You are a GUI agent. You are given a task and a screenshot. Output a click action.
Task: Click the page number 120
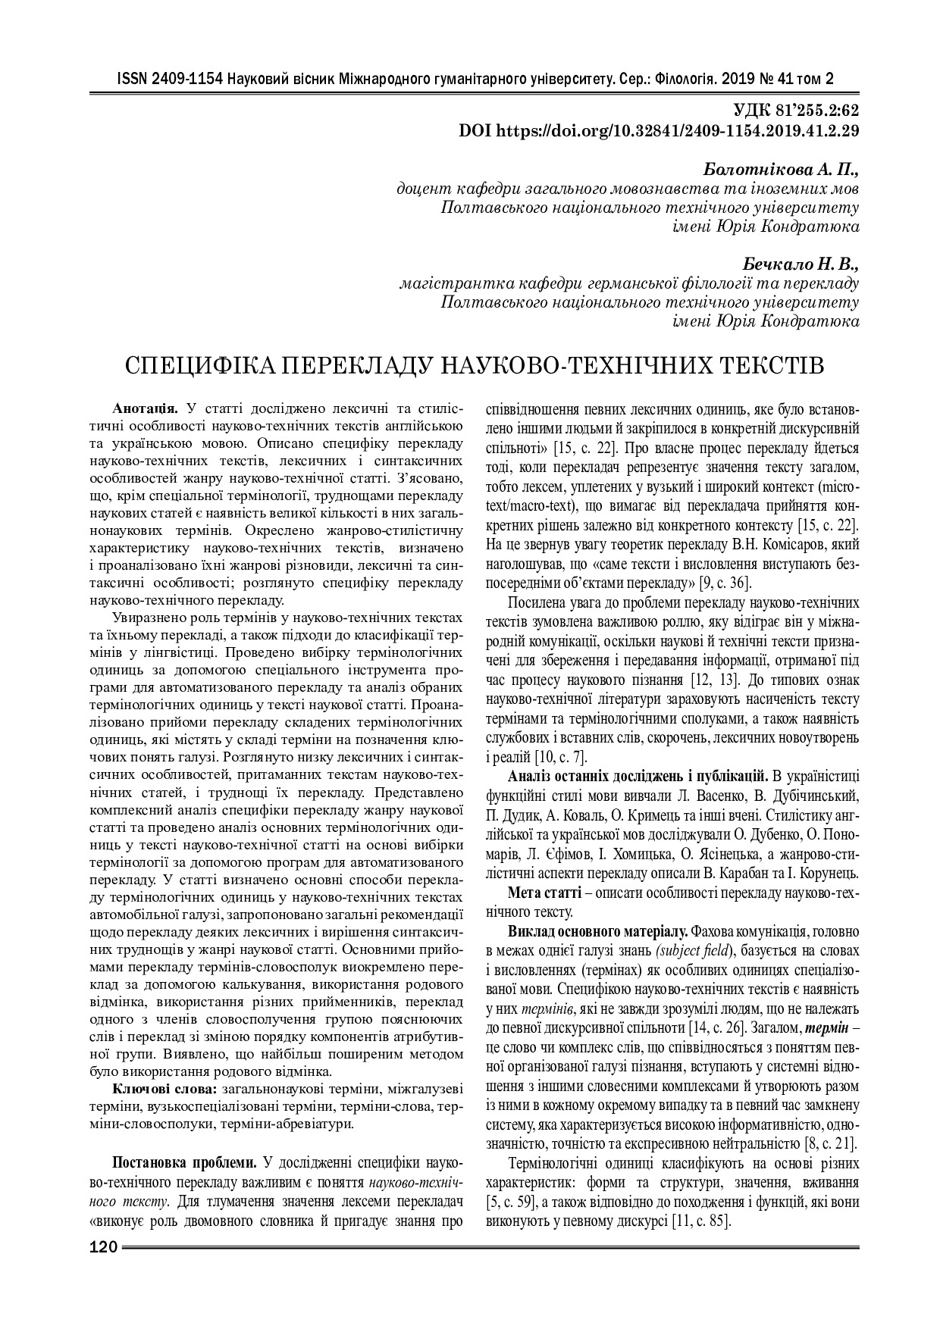point(103,1247)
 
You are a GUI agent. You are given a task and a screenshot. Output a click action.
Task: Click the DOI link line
point(659,130)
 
